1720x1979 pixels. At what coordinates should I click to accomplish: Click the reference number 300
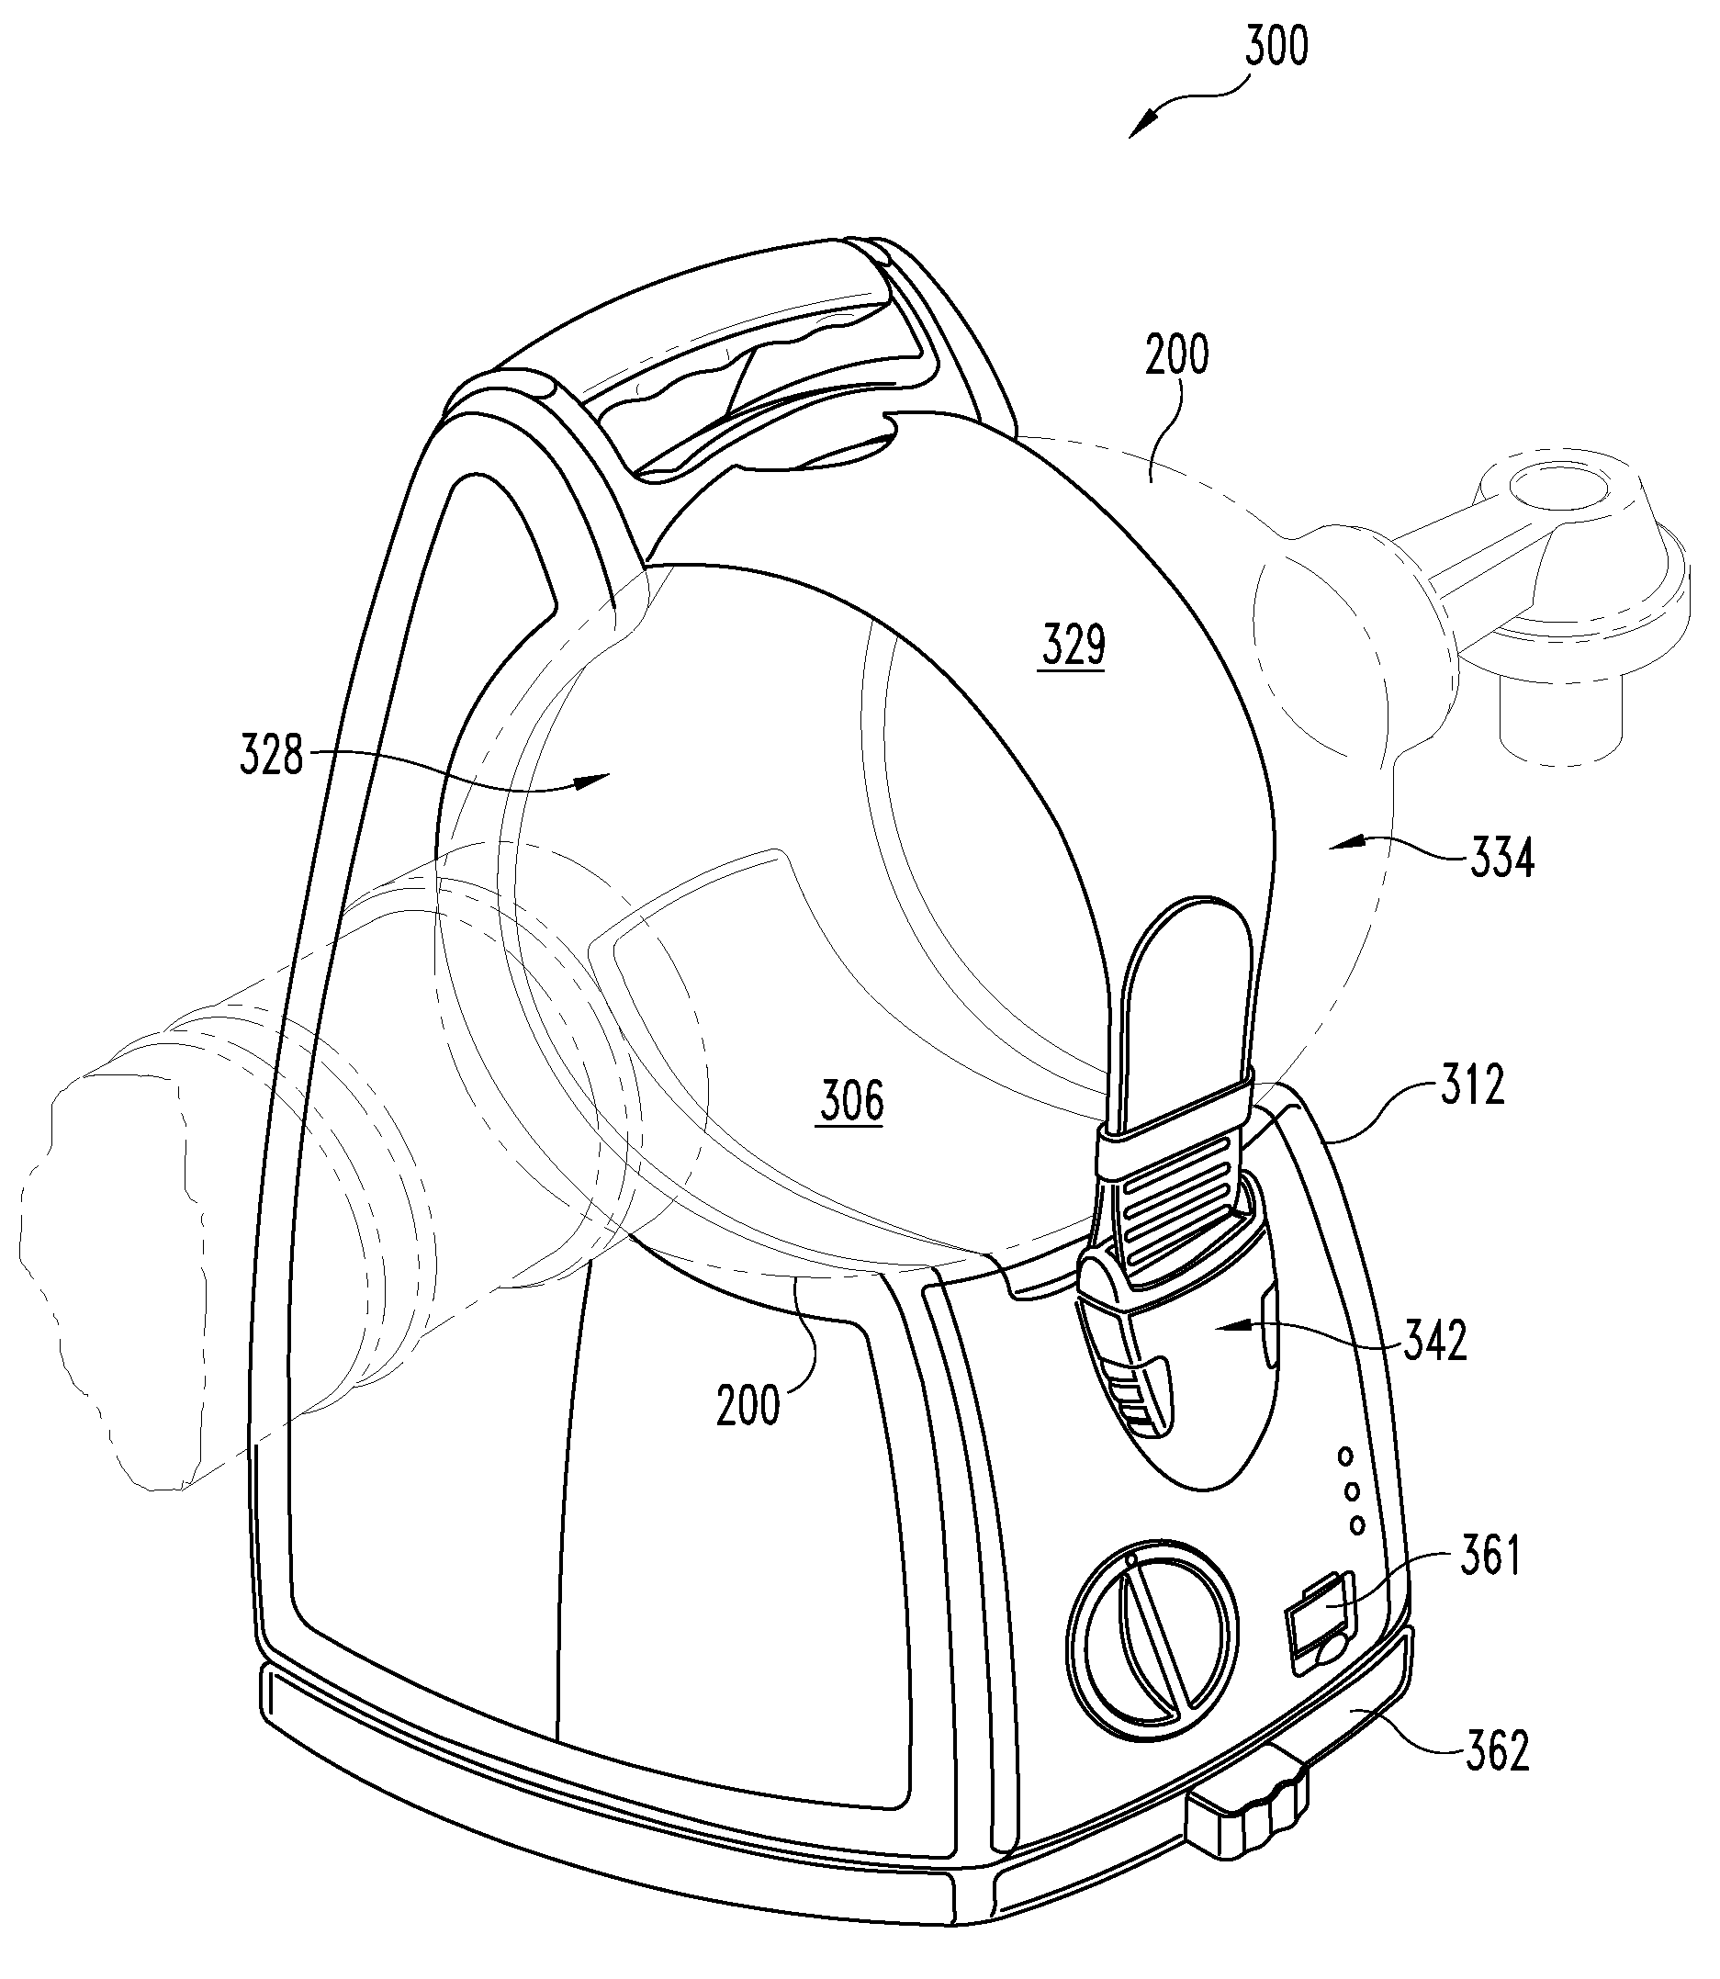coord(1276,47)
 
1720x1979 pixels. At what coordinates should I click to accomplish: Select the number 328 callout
coord(271,757)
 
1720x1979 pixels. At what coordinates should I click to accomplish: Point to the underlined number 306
coord(851,1101)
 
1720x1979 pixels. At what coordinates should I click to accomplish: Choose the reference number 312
coord(1472,1085)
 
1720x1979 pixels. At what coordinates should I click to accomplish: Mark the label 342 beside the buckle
coord(1435,1341)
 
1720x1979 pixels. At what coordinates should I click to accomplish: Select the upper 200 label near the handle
coord(1176,355)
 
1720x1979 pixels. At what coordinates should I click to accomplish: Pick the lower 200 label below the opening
coord(748,1406)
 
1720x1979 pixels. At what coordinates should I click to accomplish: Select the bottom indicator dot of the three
coord(1357,1524)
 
